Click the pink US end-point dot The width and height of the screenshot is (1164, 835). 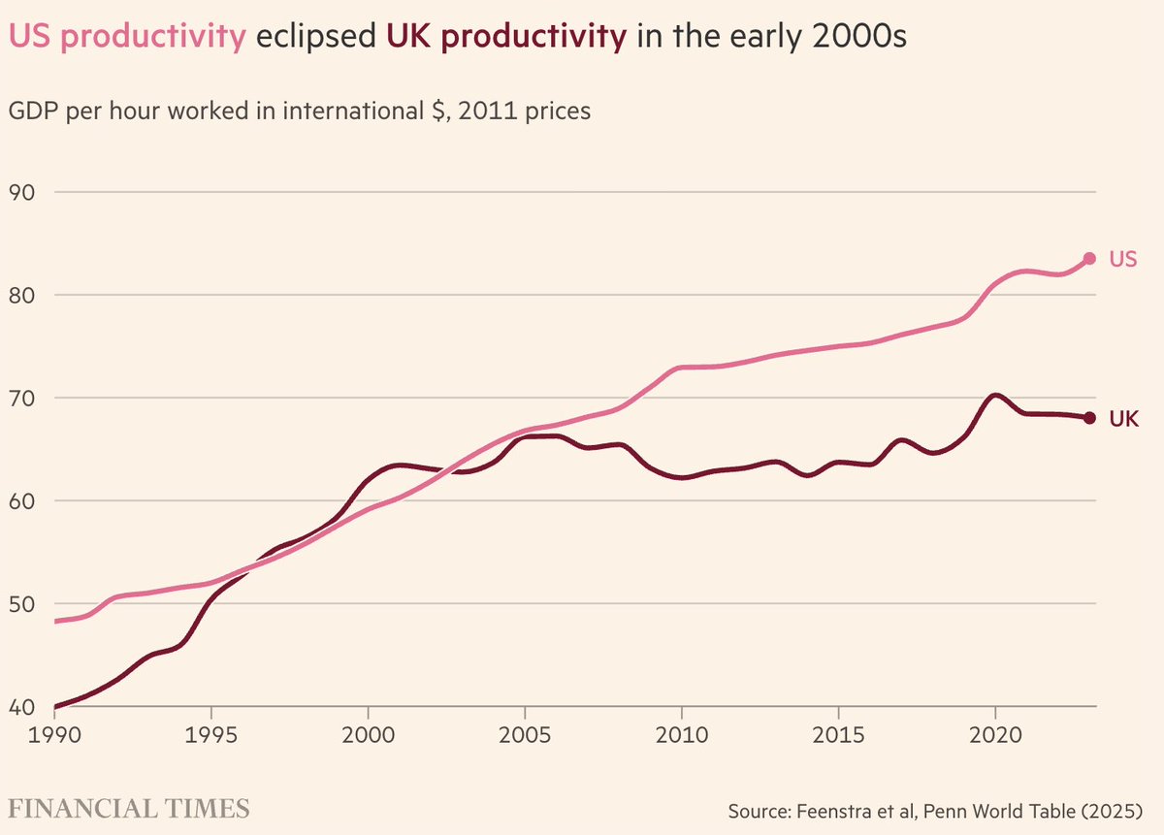(1089, 259)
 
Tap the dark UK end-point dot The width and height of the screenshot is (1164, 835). (1089, 418)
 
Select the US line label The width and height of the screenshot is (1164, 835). (1123, 260)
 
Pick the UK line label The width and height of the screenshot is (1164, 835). (1123, 419)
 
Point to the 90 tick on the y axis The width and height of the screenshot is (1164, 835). (21, 192)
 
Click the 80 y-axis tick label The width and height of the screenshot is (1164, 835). (21, 295)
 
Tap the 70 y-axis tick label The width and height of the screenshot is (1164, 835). (21, 398)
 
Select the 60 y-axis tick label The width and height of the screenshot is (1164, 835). (21, 501)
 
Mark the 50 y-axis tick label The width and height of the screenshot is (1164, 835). (21, 604)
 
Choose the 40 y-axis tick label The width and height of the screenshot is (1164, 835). (21, 707)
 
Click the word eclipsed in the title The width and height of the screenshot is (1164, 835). (316, 38)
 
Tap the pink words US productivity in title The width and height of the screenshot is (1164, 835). (127, 38)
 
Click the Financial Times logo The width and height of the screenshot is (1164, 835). (129, 808)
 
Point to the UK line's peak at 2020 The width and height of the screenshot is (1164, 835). (994, 396)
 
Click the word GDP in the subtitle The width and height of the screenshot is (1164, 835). (35, 112)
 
